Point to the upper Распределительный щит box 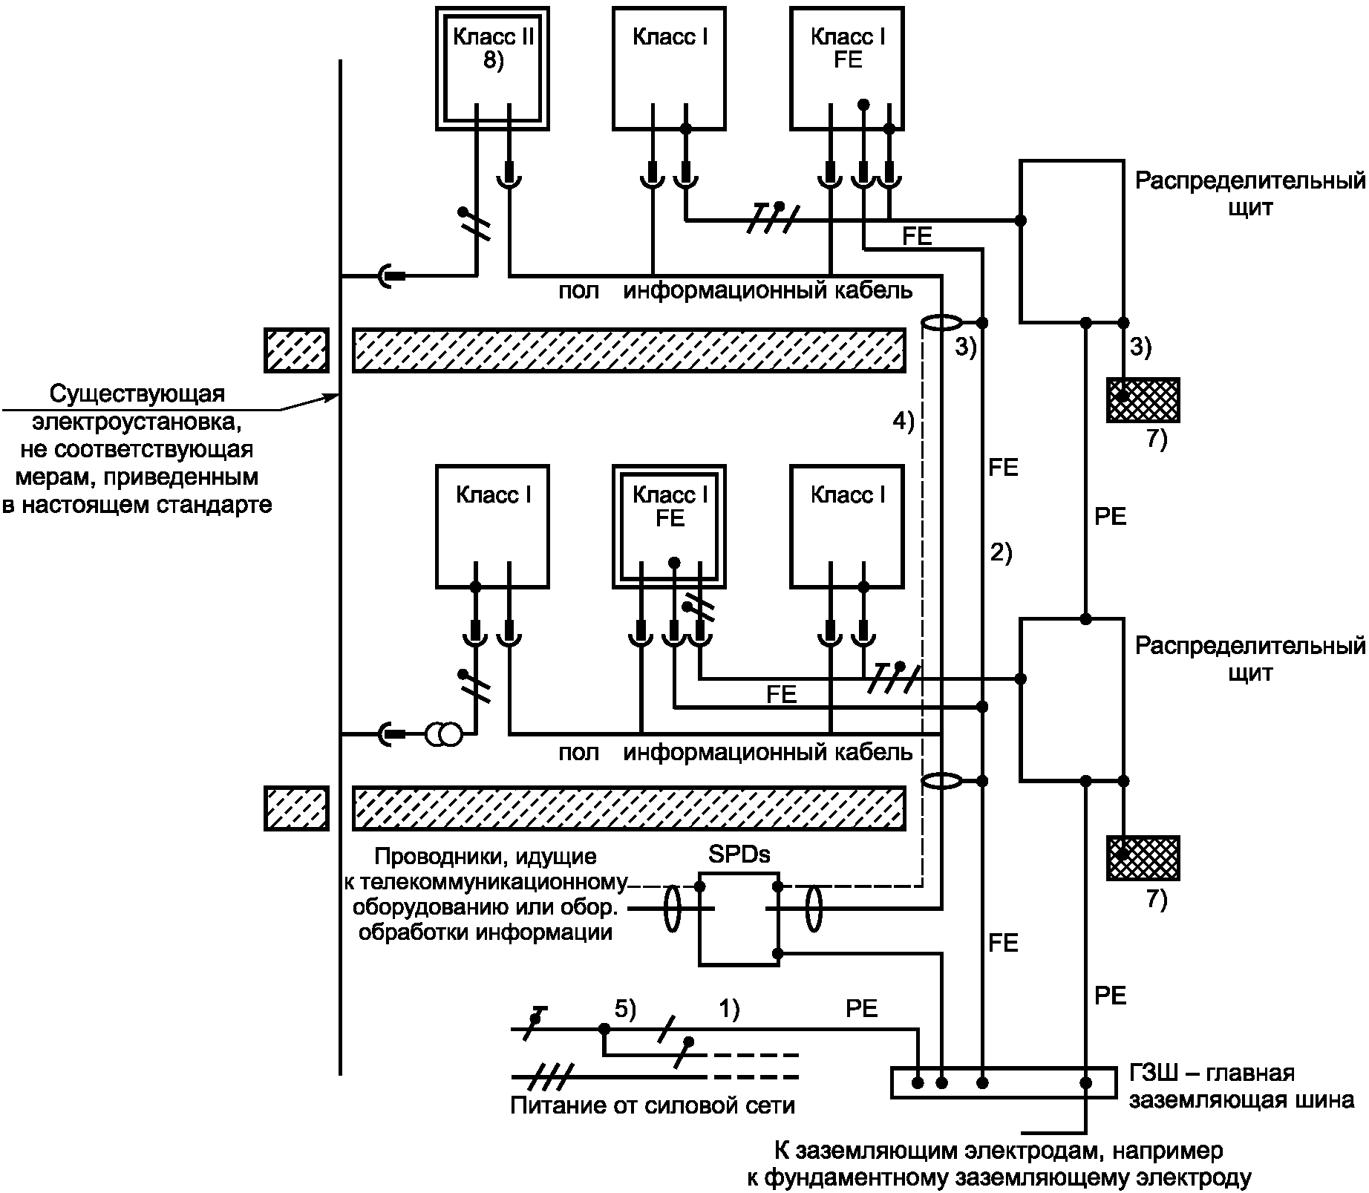(x=1022, y=241)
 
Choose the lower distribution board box (x=1022, y=699)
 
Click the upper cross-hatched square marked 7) (x=1143, y=400)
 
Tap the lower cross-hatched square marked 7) (x=1143, y=858)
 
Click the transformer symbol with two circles (x=443, y=735)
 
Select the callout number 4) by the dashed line (x=904, y=422)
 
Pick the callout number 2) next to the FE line (x=1001, y=553)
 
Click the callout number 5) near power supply (x=626, y=1009)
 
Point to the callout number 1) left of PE (x=729, y=1009)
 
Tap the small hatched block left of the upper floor (x=297, y=350)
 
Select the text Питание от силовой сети (x=653, y=1105)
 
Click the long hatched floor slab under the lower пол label (x=629, y=808)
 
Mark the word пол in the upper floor (x=579, y=291)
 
